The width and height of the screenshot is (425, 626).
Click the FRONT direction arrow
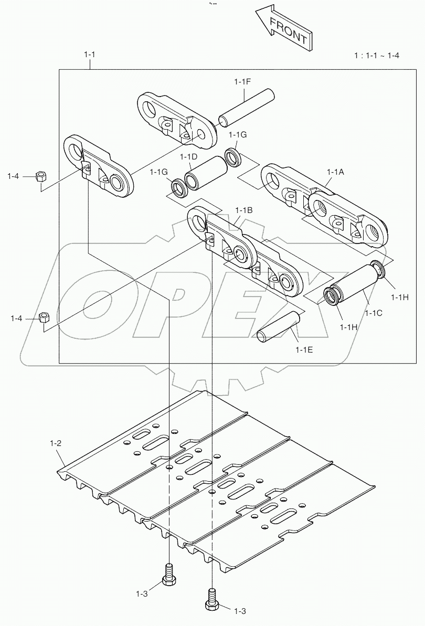click(284, 30)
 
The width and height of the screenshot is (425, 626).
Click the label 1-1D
click(188, 156)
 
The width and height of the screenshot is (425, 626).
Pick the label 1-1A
click(335, 172)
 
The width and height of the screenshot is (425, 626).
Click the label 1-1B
click(244, 210)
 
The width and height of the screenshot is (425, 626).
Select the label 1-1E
click(304, 348)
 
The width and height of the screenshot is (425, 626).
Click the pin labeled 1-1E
click(278, 328)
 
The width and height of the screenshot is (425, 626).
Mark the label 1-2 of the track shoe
click(56, 443)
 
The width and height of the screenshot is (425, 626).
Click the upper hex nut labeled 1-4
click(40, 176)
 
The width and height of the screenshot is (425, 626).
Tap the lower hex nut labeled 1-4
click(44, 317)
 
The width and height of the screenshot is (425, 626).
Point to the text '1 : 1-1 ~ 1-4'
click(376, 56)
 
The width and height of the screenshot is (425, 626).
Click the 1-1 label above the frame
click(90, 54)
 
